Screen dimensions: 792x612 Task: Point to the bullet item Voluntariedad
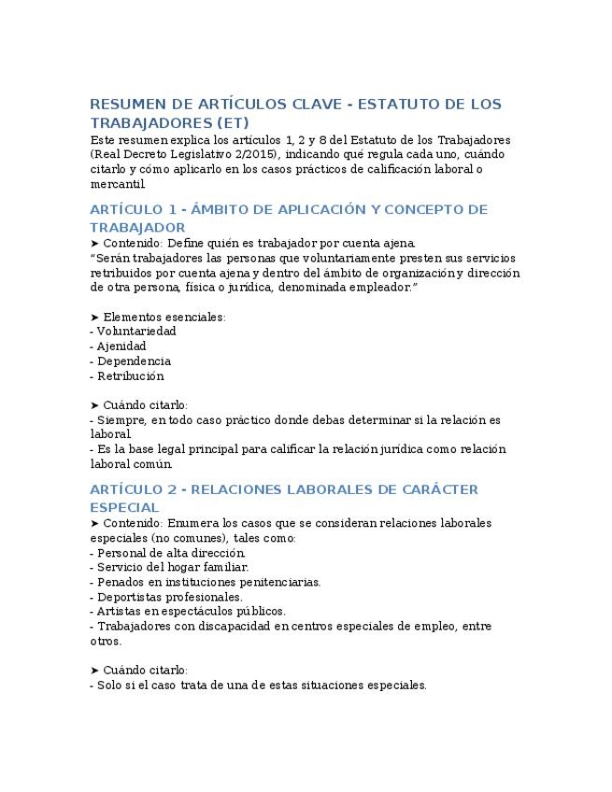coord(136,332)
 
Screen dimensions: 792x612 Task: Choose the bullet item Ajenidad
coord(121,346)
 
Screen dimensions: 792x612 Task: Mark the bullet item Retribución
coord(130,376)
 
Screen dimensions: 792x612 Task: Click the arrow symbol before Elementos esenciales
coord(94,317)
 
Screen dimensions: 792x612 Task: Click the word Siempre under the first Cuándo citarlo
coord(121,420)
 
